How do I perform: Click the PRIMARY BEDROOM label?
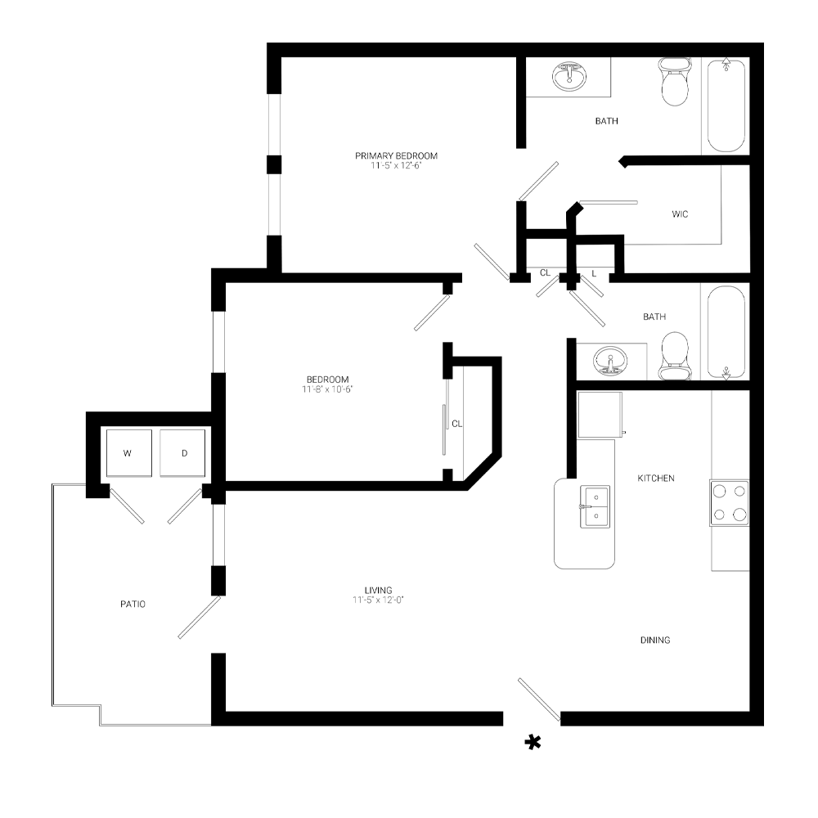(x=397, y=155)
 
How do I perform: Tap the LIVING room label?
(x=379, y=590)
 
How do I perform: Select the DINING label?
(x=655, y=640)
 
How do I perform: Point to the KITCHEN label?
(x=656, y=478)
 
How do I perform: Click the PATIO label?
(x=133, y=605)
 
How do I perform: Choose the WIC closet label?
(x=680, y=214)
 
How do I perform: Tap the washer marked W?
(x=128, y=452)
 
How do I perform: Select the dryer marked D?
(x=184, y=452)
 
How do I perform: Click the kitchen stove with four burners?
(x=729, y=503)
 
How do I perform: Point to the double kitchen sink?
(x=595, y=505)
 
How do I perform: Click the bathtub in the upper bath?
(x=726, y=105)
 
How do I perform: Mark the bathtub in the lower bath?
(x=726, y=331)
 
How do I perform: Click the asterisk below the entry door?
(x=533, y=742)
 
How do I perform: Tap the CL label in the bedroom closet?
(x=456, y=424)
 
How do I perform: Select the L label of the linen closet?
(x=594, y=273)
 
